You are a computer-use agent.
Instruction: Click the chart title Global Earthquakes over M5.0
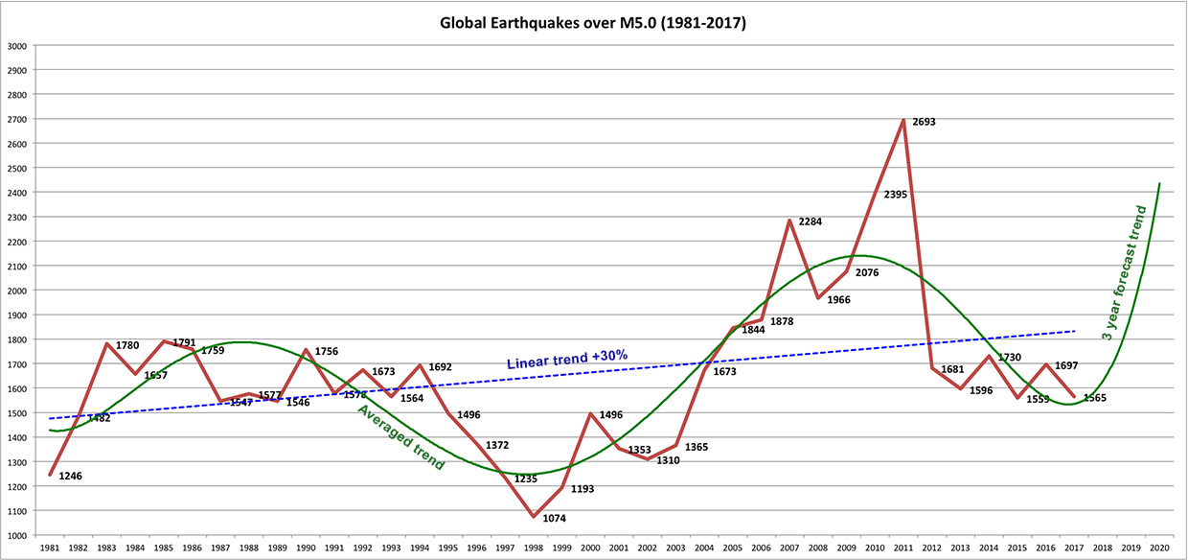[x=593, y=22]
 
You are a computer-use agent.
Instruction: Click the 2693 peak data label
[x=924, y=122]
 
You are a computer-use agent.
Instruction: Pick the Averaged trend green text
[x=400, y=437]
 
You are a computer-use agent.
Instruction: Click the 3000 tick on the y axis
[x=16, y=46]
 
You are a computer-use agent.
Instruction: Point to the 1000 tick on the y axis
[x=16, y=535]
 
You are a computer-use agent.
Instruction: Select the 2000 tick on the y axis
[x=16, y=291]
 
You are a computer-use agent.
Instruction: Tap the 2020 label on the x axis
[x=1159, y=548]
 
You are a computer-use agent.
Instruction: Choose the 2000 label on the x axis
[x=590, y=548]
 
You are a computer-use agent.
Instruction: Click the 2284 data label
[x=811, y=222]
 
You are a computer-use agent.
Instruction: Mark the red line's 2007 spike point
[x=789, y=221]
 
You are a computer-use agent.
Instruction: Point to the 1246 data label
[x=72, y=475]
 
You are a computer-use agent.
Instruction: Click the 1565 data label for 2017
[x=1094, y=397]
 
